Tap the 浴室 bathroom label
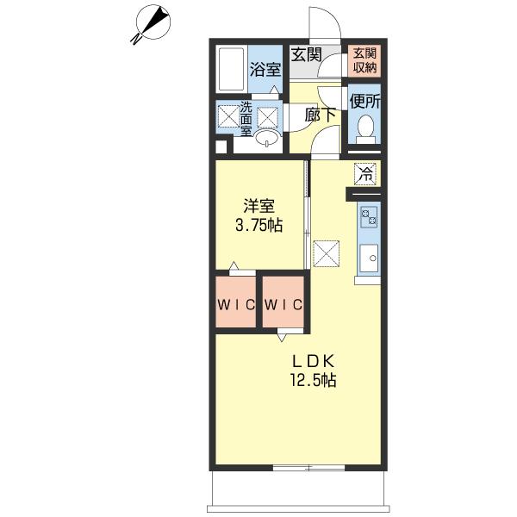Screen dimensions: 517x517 pyautogui.click(x=265, y=69)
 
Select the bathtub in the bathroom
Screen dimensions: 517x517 pyautogui.click(x=231, y=69)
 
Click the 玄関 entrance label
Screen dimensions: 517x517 pyautogui.click(x=306, y=54)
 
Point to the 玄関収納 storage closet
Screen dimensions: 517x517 pyautogui.click(x=364, y=60)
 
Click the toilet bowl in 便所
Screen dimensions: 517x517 pyautogui.click(x=365, y=128)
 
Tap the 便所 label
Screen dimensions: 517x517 pyautogui.click(x=365, y=101)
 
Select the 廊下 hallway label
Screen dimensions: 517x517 pyautogui.click(x=320, y=115)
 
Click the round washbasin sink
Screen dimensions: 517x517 pyautogui.click(x=267, y=137)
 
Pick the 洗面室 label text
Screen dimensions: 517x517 pyautogui.click(x=246, y=119)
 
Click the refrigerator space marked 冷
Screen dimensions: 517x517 pyautogui.click(x=365, y=174)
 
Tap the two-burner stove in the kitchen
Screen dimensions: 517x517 pyautogui.click(x=369, y=216)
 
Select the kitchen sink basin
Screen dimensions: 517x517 pyautogui.click(x=369, y=258)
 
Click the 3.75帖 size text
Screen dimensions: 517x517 pyautogui.click(x=258, y=226)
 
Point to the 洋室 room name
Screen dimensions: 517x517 pyautogui.click(x=258, y=206)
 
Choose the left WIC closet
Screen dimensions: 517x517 pyautogui.click(x=236, y=302)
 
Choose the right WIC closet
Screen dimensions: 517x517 pyautogui.click(x=283, y=302)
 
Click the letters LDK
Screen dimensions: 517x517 pyautogui.click(x=314, y=361)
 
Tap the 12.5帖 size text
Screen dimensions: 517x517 pyautogui.click(x=314, y=380)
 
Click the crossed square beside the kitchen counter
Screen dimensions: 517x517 pyautogui.click(x=326, y=253)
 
